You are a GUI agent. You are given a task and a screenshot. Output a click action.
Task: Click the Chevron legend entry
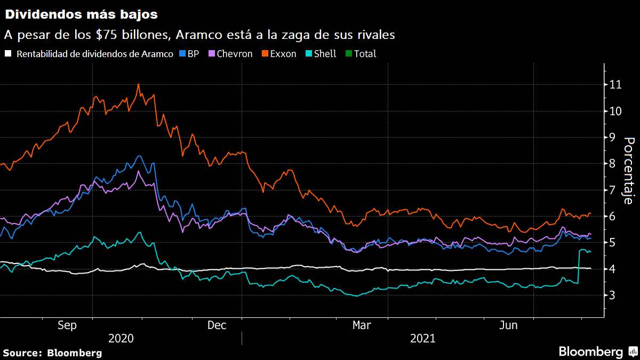(230, 53)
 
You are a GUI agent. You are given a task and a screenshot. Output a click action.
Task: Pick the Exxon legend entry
(278, 53)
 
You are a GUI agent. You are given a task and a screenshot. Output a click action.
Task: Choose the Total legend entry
(361, 53)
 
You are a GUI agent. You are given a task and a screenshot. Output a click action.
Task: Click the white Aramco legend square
(8, 53)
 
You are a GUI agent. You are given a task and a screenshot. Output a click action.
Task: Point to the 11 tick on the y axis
(616, 85)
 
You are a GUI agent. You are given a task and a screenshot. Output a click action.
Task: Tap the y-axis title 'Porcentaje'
(628, 171)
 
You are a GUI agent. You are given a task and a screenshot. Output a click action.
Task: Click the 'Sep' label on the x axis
(68, 325)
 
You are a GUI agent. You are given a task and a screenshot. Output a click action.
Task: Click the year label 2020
(121, 338)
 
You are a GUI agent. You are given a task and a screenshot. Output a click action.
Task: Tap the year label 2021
(422, 338)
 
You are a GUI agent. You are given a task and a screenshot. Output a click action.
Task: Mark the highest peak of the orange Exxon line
(139, 84)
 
